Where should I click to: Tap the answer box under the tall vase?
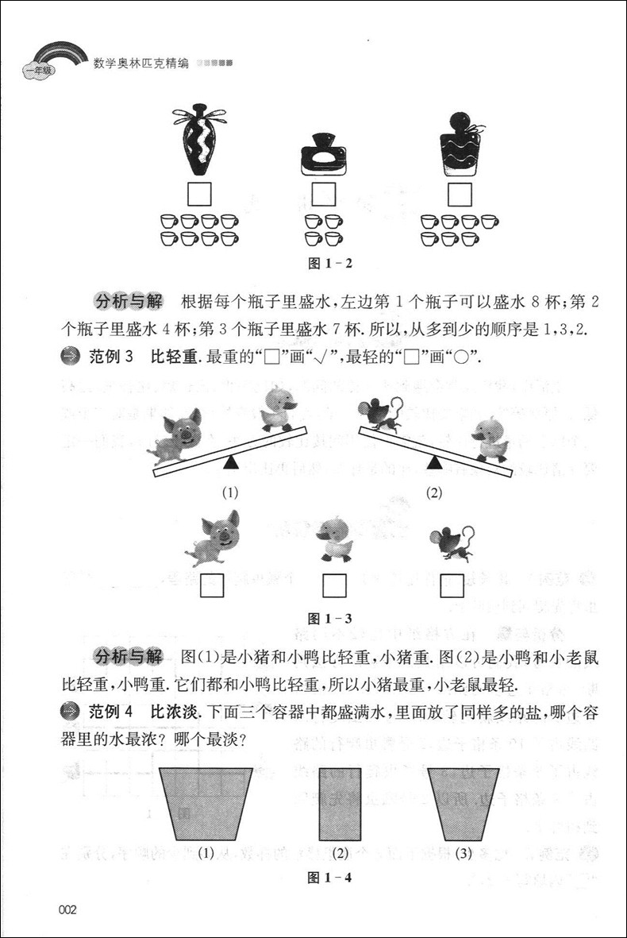198,194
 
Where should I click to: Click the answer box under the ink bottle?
324,194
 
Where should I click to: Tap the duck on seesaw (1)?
279,410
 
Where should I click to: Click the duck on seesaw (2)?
490,440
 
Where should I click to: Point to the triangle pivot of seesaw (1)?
230,461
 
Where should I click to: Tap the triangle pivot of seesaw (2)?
434,461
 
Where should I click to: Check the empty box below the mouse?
452,585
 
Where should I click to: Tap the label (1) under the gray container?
206,854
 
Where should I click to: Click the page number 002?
67,909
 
